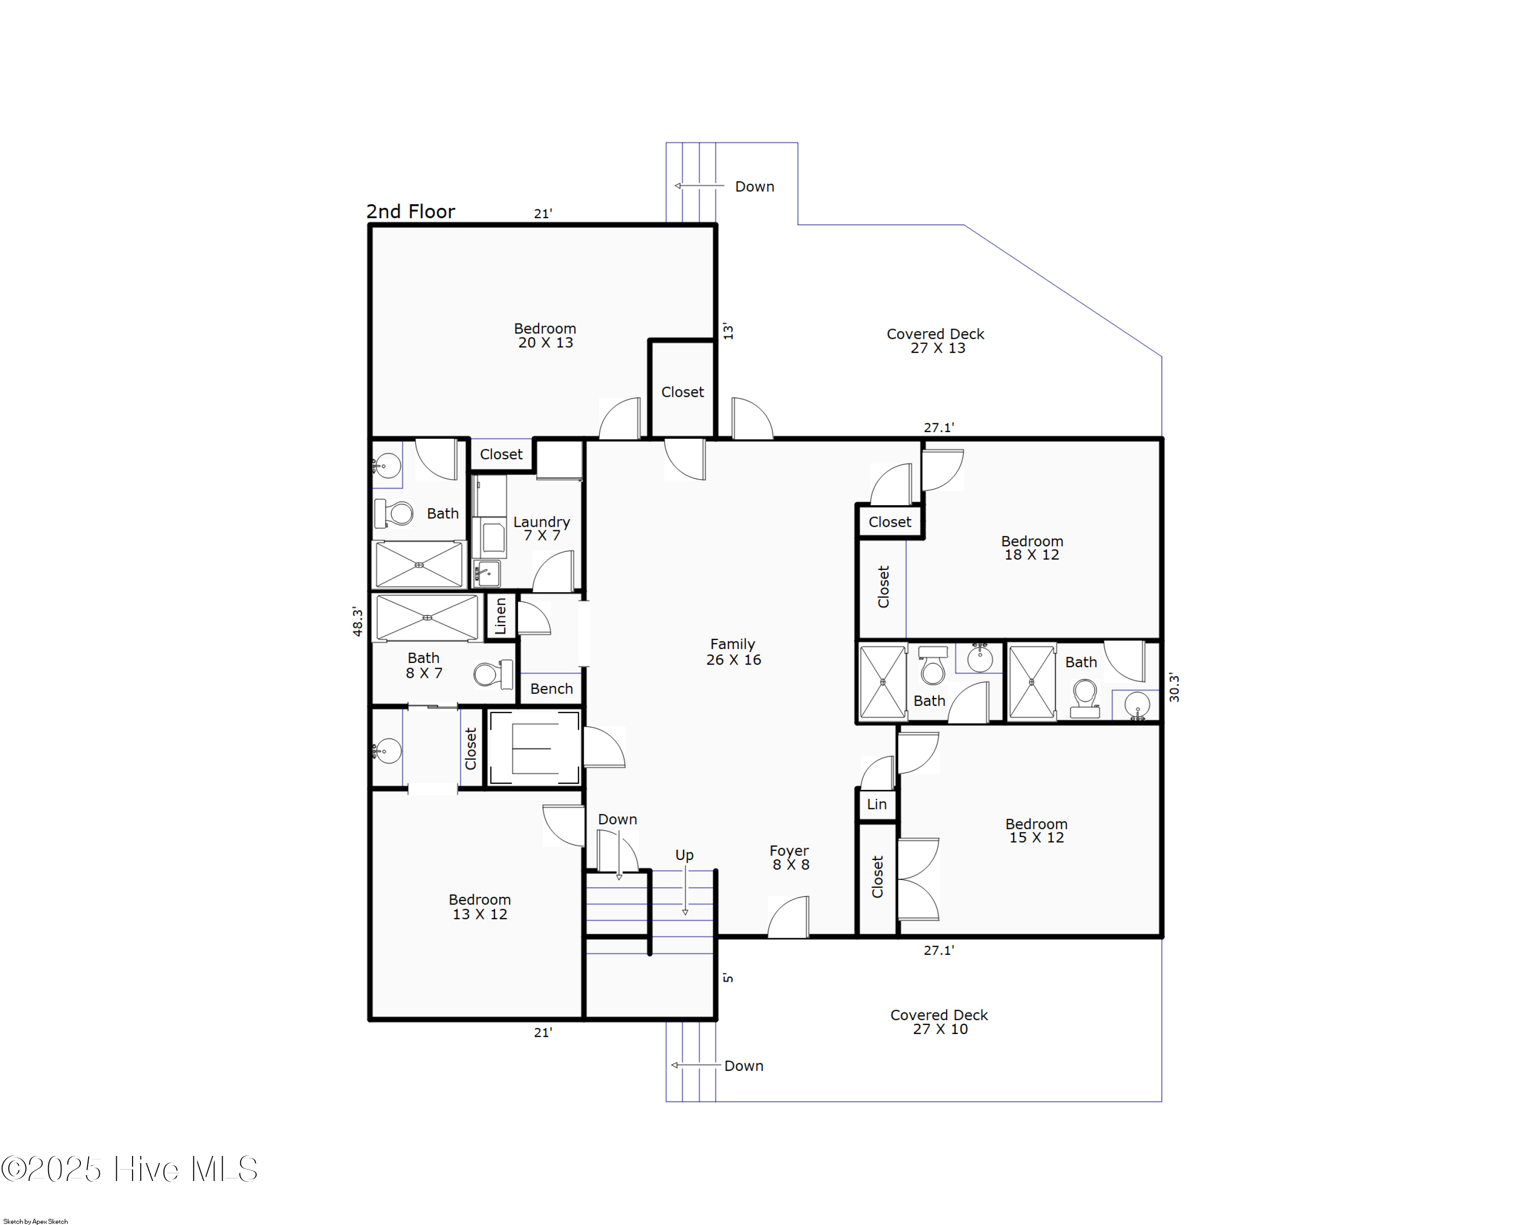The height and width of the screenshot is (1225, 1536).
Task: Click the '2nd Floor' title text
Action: click(x=410, y=211)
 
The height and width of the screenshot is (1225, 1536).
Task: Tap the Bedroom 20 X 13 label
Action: click(x=545, y=335)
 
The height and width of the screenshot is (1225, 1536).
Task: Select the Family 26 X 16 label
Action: click(x=733, y=652)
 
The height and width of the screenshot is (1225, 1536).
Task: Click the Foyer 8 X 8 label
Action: click(x=790, y=857)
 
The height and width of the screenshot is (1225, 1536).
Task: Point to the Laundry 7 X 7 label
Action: click(x=542, y=528)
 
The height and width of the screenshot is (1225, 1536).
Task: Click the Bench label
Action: click(x=551, y=689)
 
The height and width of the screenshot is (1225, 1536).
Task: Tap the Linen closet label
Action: click(x=500, y=615)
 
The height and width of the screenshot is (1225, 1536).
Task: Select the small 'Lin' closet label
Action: click(x=877, y=804)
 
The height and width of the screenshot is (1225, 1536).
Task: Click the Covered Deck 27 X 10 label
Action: click(x=939, y=1022)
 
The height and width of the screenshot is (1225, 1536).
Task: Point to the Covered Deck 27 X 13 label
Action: click(x=935, y=341)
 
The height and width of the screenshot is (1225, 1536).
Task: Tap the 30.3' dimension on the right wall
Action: click(x=1174, y=687)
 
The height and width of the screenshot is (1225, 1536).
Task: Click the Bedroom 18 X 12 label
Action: click(x=1032, y=548)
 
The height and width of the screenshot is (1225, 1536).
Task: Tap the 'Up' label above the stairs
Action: click(x=684, y=855)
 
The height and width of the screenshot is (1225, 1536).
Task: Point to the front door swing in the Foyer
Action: click(x=788, y=918)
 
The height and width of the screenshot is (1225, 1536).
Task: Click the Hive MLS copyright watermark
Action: click(x=130, y=1169)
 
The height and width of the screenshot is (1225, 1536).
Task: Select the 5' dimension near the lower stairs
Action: click(x=728, y=978)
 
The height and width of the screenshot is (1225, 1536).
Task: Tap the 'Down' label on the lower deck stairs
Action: click(x=743, y=1065)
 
